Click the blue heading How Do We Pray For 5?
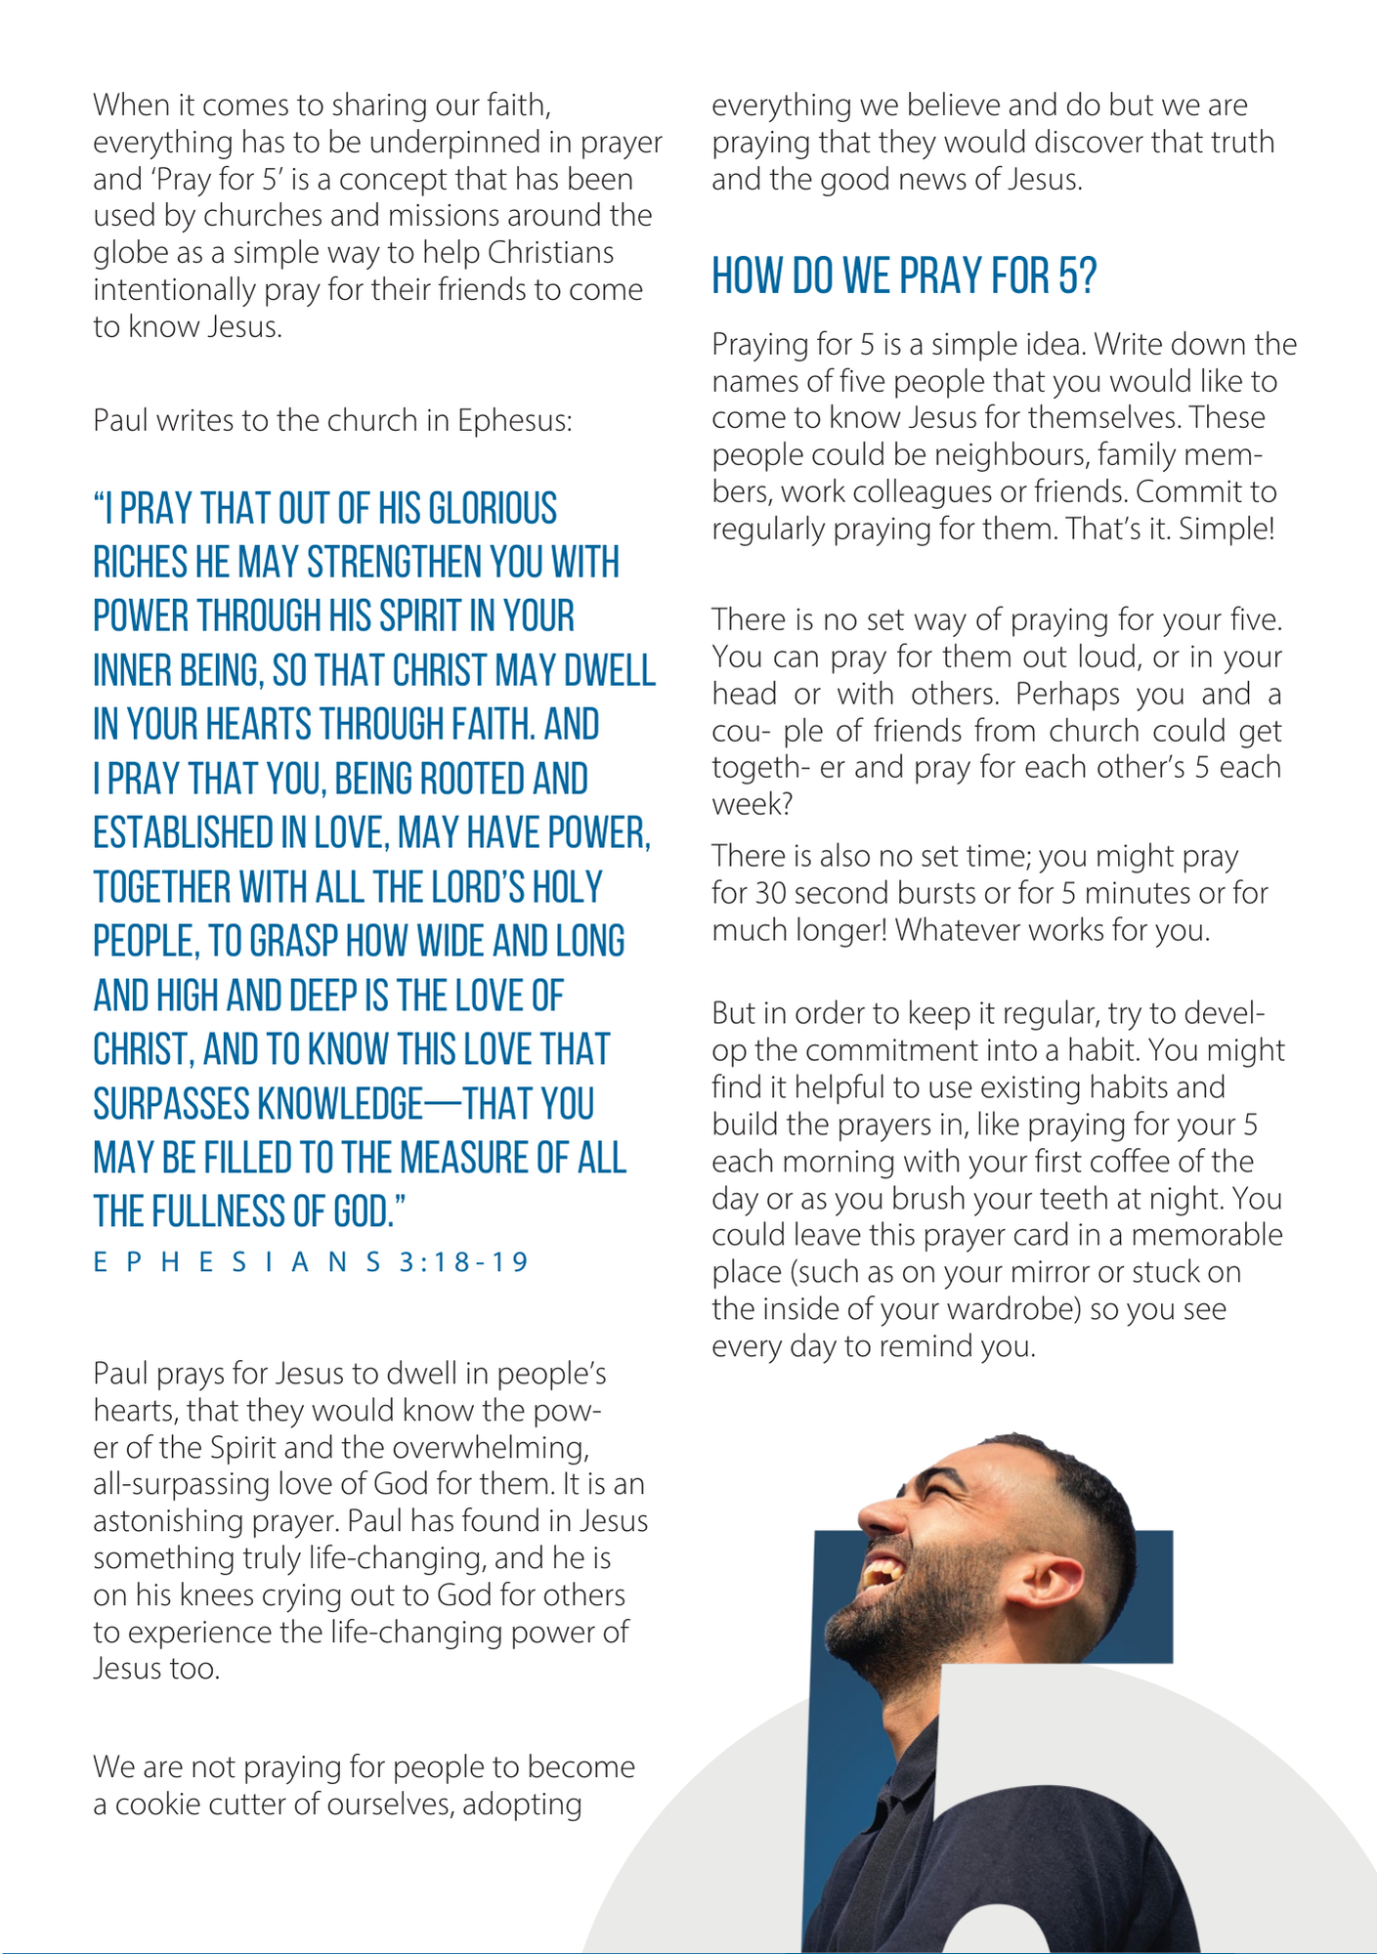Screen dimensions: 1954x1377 [904, 276]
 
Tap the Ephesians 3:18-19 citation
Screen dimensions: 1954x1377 [311, 1262]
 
